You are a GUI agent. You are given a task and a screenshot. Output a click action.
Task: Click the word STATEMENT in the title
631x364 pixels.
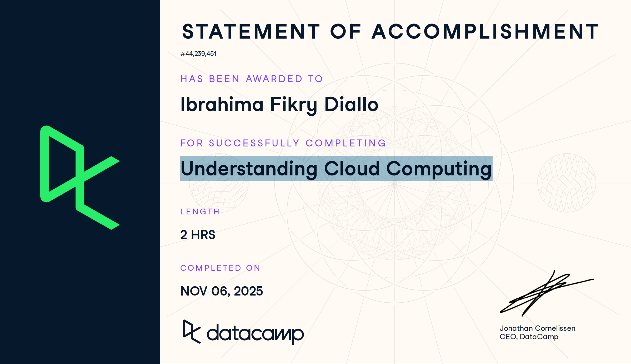(x=251, y=32)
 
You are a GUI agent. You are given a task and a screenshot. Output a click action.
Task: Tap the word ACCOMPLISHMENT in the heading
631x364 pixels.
(x=485, y=32)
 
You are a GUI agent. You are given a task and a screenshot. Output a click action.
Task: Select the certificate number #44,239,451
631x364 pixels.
(x=198, y=54)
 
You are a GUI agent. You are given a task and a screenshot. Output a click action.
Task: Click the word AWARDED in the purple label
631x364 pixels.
(x=274, y=79)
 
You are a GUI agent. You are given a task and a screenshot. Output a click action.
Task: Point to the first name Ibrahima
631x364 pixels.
(x=222, y=104)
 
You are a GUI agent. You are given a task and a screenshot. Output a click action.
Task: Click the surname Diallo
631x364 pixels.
(x=351, y=104)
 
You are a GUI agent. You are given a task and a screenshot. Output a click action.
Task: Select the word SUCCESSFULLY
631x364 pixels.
(x=254, y=143)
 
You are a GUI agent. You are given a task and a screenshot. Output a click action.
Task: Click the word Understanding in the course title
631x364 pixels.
(x=249, y=169)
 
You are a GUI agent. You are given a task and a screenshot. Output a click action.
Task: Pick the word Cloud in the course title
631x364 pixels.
(x=352, y=169)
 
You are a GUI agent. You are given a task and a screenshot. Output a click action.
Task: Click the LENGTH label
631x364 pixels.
(x=200, y=211)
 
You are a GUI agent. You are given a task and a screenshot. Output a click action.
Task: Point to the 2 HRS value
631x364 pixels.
(x=198, y=235)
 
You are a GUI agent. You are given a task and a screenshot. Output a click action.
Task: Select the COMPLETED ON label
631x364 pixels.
(x=220, y=268)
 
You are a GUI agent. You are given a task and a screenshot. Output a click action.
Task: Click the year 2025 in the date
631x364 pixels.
(x=248, y=291)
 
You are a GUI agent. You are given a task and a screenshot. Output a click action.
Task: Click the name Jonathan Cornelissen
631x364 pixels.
(x=537, y=328)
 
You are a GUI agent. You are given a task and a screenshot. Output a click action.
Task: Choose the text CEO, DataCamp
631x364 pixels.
(x=529, y=337)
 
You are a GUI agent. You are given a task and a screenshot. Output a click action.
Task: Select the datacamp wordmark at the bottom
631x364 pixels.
(x=255, y=333)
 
